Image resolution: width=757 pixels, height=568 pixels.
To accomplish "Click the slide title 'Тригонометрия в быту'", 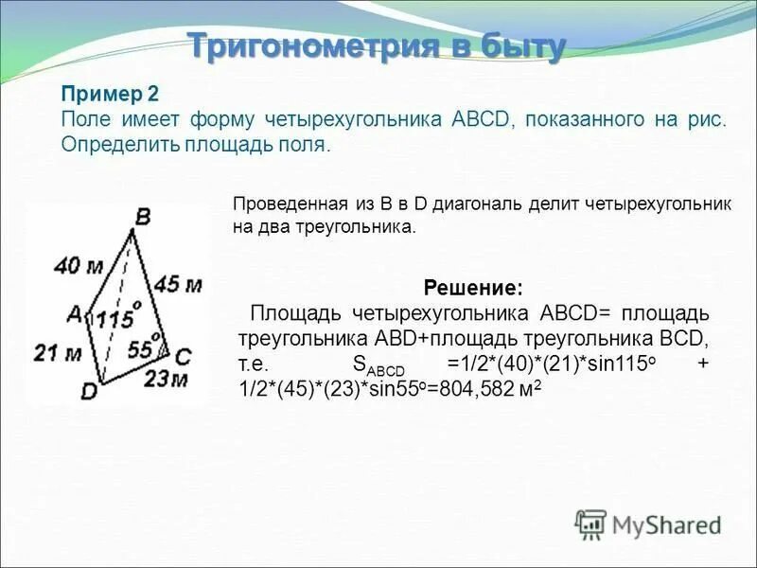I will (377, 45).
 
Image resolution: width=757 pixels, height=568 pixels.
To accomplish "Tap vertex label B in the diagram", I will (142, 218).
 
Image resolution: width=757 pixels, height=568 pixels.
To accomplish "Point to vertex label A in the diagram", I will (73, 311).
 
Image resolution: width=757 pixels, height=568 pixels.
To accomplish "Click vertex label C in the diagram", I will (184, 357).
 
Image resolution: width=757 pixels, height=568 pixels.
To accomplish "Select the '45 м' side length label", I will (179, 283).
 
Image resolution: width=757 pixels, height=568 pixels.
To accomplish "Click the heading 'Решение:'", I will (472, 287).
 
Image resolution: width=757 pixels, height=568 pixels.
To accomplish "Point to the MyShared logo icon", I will (591, 524).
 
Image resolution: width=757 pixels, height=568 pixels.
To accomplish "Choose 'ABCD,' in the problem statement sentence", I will (468, 120).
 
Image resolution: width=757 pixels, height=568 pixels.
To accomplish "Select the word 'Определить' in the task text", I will (107, 146).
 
